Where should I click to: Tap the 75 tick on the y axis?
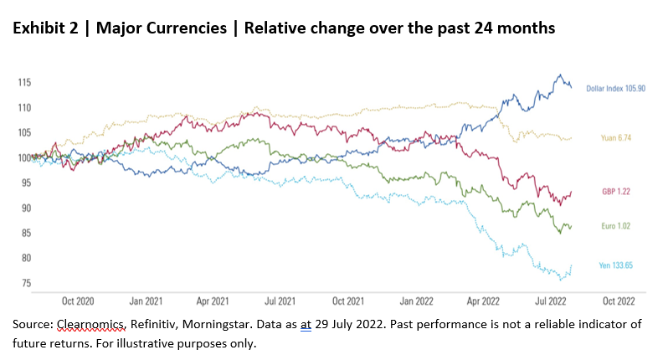25,283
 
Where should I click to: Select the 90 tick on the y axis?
25,208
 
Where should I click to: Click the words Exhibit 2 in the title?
46,27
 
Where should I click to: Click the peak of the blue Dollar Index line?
559,75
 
